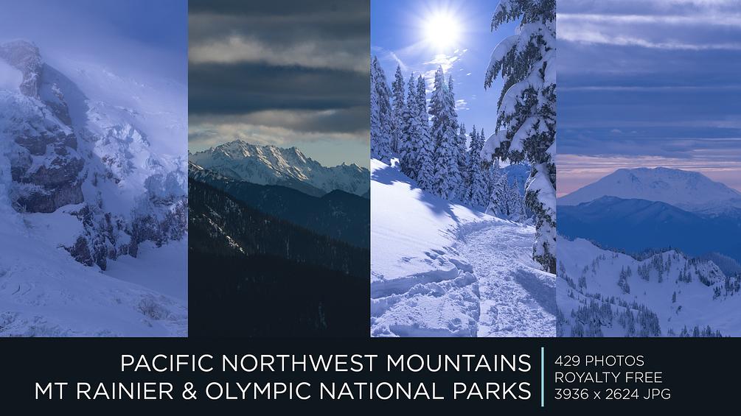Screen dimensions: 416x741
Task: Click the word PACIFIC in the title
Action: (x=159, y=363)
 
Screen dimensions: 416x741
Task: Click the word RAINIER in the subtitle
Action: (x=123, y=391)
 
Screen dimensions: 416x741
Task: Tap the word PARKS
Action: (x=492, y=391)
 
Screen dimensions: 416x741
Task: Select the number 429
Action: (x=568, y=361)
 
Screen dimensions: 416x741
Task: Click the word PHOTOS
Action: (x=616, y=361)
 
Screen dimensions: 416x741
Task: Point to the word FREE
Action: (x=646, y=378)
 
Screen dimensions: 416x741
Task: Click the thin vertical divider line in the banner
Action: (x=543, y=376)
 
